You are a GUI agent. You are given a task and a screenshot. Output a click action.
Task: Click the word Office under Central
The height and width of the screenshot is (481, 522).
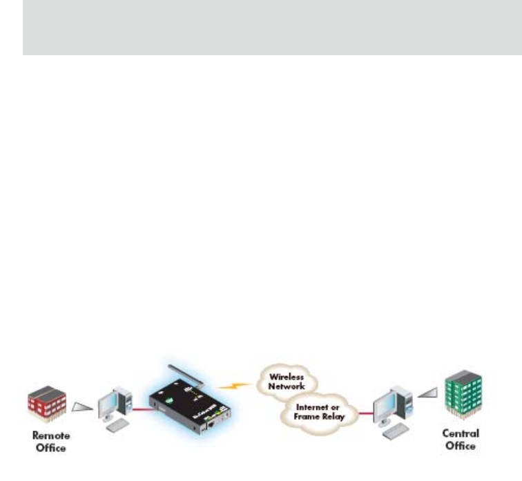pyautogui.click(x=461, y=446)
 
